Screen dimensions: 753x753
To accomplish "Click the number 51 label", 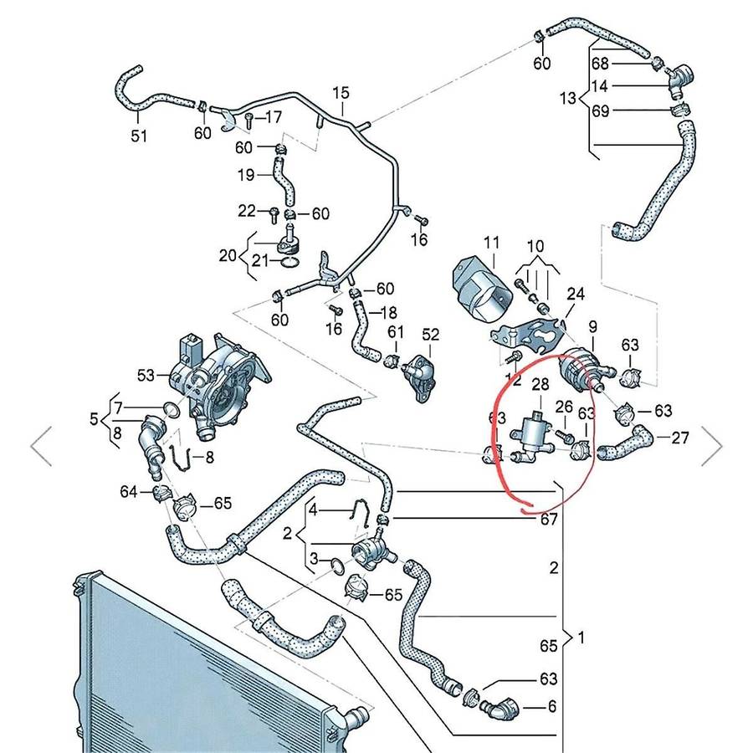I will click(139, 136).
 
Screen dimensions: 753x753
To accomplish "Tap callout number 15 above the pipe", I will click(341, 92).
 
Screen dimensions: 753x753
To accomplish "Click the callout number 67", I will click(548, 520).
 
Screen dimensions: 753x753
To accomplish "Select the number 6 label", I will click(551, 706).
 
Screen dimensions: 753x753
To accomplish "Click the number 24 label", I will click(576, 294).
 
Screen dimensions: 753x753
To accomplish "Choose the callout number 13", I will click(567, 99).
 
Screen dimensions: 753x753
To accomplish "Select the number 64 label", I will click(127, 491).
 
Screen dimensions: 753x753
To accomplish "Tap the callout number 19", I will click(245, 176).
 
